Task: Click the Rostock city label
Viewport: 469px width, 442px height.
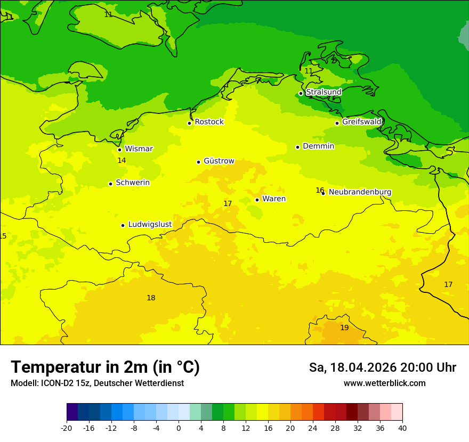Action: [x=209, y=122]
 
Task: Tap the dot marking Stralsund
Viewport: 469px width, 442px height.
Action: [x=301, y=93]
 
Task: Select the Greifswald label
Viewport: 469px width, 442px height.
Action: [x=361, y=122]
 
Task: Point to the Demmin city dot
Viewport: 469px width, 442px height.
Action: [x=297, y=147]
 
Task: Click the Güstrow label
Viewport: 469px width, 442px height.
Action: [x=219, y=161]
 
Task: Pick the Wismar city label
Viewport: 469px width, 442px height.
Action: [x=139, y=149]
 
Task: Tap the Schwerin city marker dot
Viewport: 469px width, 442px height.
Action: [x=110, y=184]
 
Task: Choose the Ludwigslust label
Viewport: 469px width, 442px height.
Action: [x=150, y=225]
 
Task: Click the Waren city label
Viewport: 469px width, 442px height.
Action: [x=273, y=199]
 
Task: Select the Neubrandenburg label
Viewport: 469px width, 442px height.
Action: [x=360, y=192]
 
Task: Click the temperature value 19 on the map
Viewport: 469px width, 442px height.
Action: [x=344, y=328]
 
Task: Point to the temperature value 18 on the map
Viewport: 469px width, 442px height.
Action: [x=151, y=298]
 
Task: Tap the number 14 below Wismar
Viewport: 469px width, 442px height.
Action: [x=122, y=160]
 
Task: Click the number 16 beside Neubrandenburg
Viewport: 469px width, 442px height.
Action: [x=320, y=190]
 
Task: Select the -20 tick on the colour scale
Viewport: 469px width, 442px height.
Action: [x=67, y=428]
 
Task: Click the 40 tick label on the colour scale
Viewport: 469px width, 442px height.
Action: [x=402, y=428]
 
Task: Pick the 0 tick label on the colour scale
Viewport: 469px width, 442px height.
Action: [x=179, y=428]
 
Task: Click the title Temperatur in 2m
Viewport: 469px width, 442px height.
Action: [x=105, y=367]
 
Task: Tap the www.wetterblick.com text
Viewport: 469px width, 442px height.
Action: [x=384, y=383]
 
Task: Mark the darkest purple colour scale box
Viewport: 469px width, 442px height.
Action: [x=72, y=412]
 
